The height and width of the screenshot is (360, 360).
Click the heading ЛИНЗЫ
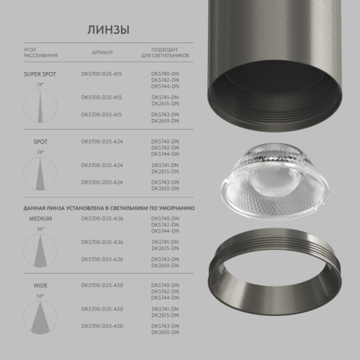pos(109,30)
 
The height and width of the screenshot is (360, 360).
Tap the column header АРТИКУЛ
pos(102,53)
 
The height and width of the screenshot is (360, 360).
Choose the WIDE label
pos(40,286)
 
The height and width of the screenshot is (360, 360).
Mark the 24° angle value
pos(40,153)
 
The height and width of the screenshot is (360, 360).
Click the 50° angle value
pos(40,295)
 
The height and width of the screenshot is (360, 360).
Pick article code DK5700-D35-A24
pos(102,165)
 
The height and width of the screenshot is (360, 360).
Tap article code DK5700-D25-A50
pos(102,286)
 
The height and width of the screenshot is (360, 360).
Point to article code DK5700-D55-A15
pos(102,114)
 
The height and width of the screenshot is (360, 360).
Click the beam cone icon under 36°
pos(40,248)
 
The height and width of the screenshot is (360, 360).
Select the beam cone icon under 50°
pos(40,318)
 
